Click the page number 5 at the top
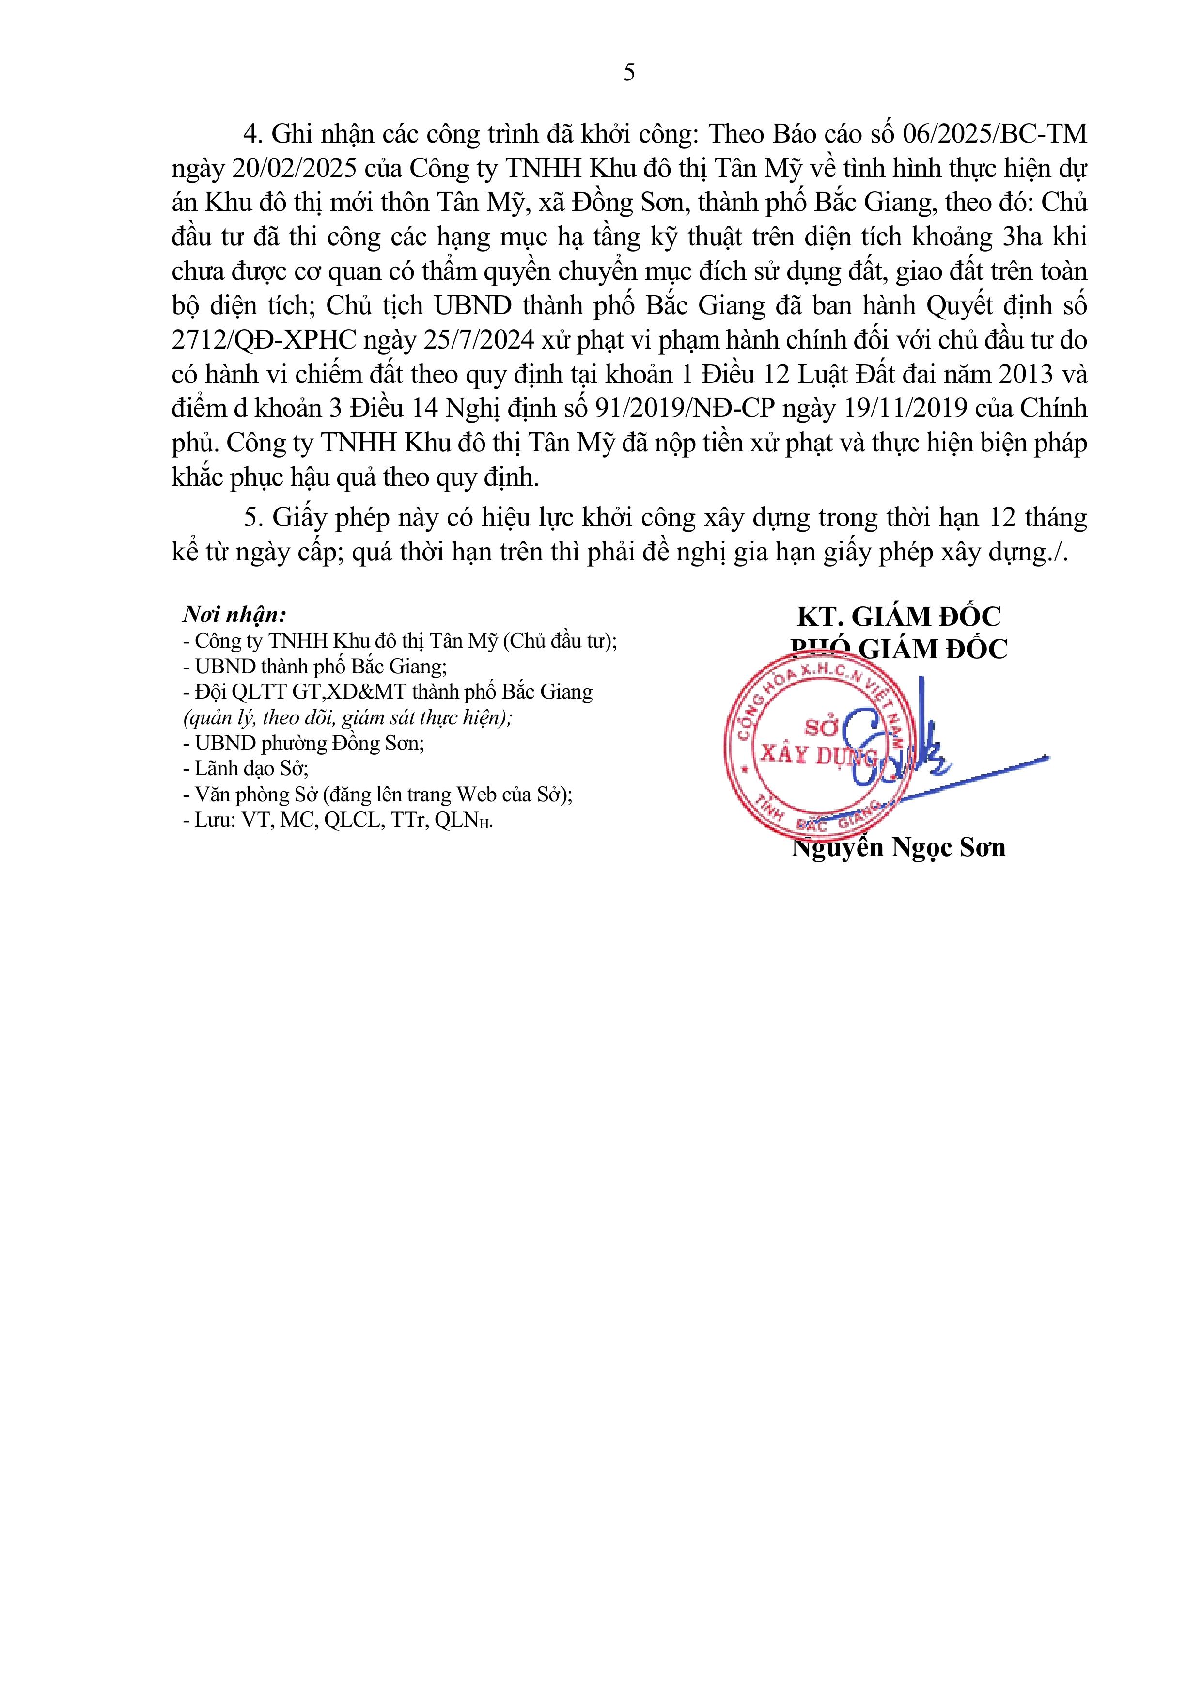629,73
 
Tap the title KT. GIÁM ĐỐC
898,617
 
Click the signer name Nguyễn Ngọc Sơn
898,847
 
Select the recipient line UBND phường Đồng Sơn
304,743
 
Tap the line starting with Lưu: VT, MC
338,820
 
